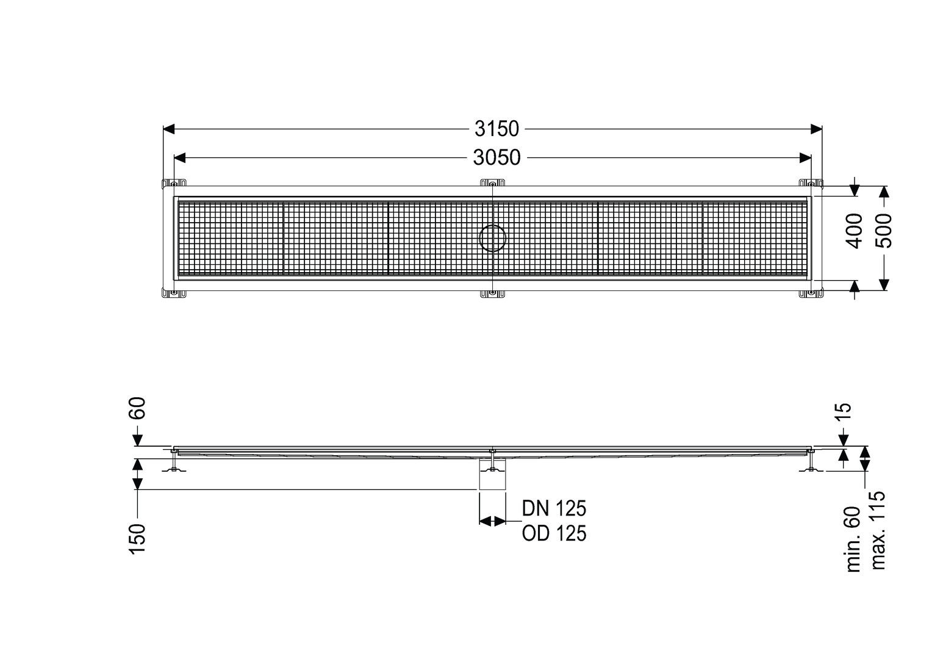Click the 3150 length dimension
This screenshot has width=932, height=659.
pos(496,129)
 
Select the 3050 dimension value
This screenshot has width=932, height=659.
pos(496,158)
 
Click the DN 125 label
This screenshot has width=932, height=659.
pos(554,508)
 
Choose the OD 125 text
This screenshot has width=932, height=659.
pos(554,533)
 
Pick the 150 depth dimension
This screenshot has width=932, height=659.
pos(138,539)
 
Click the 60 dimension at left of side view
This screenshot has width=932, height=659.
pos(138,408)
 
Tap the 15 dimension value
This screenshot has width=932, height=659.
pos(844,413)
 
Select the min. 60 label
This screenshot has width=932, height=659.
pos(853,539)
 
